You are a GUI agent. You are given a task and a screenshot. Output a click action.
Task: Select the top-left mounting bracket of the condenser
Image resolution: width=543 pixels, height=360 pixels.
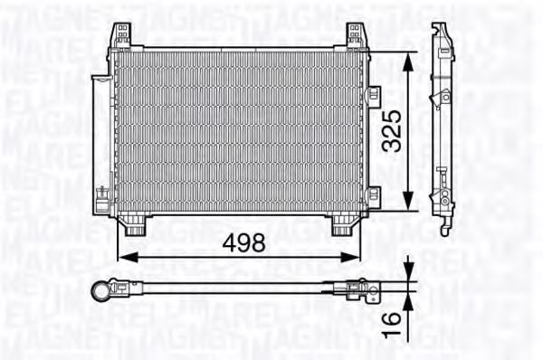point(120,36)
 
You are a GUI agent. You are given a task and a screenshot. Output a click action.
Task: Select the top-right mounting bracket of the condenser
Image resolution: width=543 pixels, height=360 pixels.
point(355,36)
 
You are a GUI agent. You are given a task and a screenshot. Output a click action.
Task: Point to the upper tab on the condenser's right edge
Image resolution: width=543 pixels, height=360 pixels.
point(373,93)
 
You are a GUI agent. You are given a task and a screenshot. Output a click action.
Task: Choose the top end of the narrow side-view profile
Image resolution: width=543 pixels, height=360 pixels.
point(438,30)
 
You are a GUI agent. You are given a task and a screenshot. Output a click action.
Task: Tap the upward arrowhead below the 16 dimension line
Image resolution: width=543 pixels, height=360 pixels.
point(410,299)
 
